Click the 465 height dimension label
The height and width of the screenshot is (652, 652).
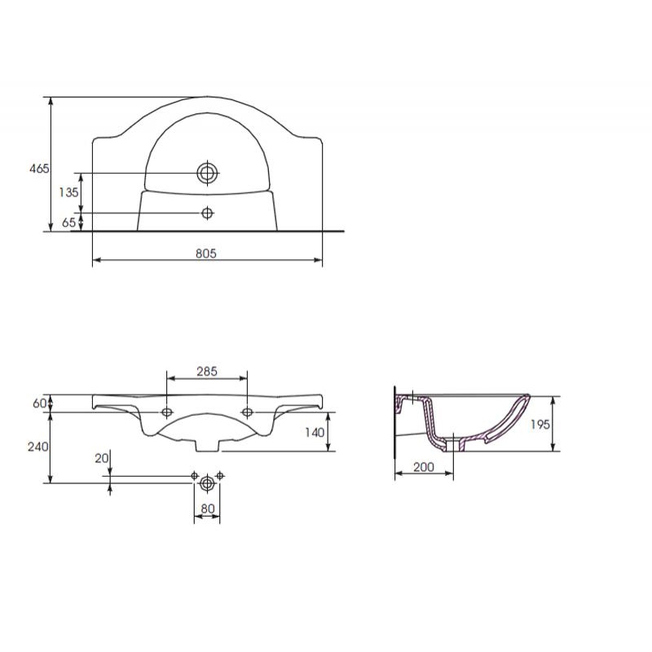39,169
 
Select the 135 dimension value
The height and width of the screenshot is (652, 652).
68,192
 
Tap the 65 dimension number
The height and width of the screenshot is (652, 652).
69,222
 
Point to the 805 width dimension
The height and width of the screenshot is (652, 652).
206,253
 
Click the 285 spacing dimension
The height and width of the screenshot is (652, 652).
207,371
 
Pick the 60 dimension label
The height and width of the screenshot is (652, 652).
39,403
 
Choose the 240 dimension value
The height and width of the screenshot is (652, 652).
37,447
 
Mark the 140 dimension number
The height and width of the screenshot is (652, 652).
315,433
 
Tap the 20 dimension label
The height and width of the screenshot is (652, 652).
102,458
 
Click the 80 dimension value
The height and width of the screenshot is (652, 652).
208,508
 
